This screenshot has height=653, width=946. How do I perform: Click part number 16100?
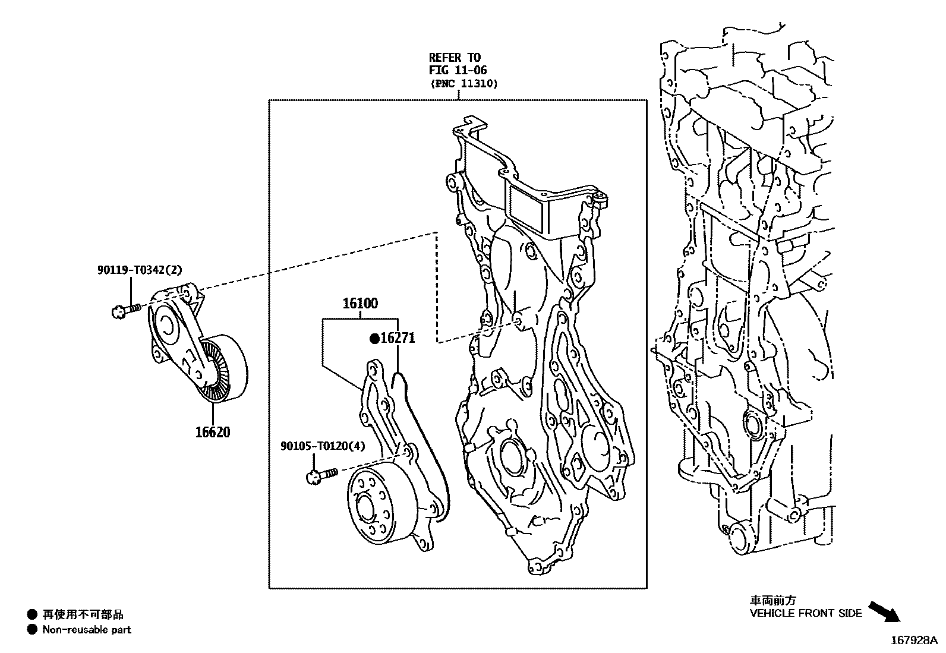coord(360,304)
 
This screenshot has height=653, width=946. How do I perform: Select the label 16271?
coord(398,338)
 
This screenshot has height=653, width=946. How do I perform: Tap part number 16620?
coord(212,432)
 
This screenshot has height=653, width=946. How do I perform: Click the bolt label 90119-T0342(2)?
coord(140,270)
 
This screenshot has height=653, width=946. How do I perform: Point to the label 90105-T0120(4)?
coord(323,446)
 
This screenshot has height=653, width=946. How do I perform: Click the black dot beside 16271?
coord(374,339)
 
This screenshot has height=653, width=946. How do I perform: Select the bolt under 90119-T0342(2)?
coord(125,310)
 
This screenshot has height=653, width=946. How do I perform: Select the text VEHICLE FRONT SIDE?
coord(805,613)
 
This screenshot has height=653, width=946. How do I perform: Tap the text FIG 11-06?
coord(458,71)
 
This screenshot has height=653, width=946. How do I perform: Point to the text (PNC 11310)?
coord(463,84)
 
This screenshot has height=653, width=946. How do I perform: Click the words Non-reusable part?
coord(87,630)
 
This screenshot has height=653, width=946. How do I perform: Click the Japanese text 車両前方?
coord(772,601)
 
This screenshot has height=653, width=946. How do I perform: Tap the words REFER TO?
coord(455,57)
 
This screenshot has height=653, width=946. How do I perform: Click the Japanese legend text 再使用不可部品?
coord(83,615)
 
